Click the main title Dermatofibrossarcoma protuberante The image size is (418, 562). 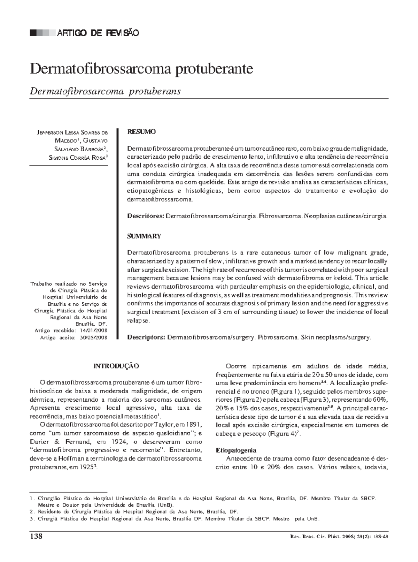[x=141, y=69]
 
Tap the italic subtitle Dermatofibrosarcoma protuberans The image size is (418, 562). [x=105, y=91]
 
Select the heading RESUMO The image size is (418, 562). [x=141, y=132]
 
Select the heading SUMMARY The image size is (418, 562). [x=144, y=236]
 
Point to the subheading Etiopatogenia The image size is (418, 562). [x=236, y=450]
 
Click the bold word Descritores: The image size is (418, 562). [x=145, y=216]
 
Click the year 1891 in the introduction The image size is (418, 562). [x=194, y=425]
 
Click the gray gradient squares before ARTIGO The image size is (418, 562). [x=42, y=33]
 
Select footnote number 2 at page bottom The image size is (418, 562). [x=31, y=512]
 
